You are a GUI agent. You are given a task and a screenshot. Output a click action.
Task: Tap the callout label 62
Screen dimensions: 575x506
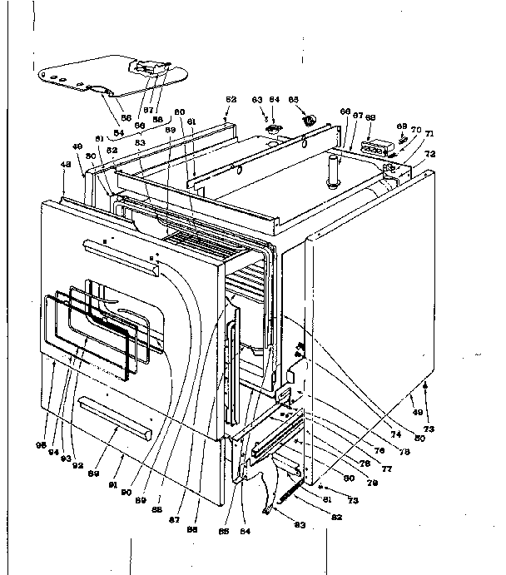click(231, 100)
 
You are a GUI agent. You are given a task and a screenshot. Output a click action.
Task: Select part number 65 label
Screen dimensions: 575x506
click(293, 99)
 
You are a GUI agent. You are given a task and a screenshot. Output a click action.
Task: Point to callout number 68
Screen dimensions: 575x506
click(370, 117)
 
